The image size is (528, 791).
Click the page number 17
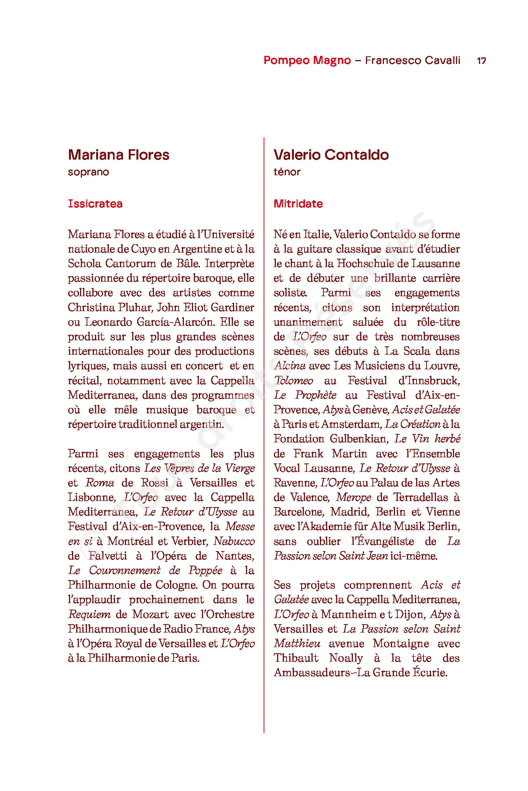click(x=481, y=60)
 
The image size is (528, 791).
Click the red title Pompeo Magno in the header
click(x=307, y=60)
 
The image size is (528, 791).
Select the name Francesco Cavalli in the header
click(x=412, y=60)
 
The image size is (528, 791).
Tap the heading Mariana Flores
click(x=118, y=155)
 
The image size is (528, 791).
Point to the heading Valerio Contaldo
click(x=331, y=155)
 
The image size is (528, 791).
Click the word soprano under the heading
click(x=89, y=172)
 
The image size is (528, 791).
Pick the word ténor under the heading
click(x=287, y=172)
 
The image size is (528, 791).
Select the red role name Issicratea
click(x=95, y=204)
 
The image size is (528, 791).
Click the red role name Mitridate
click(x=298, y=204)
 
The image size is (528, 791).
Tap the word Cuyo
click(x=143, y=249)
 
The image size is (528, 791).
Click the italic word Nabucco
click(x=234, y=541)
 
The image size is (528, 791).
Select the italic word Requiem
click(x=89, y=614)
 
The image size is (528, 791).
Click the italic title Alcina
click(x=290, y=366)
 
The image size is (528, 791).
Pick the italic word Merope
click(x=353, y=497)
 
